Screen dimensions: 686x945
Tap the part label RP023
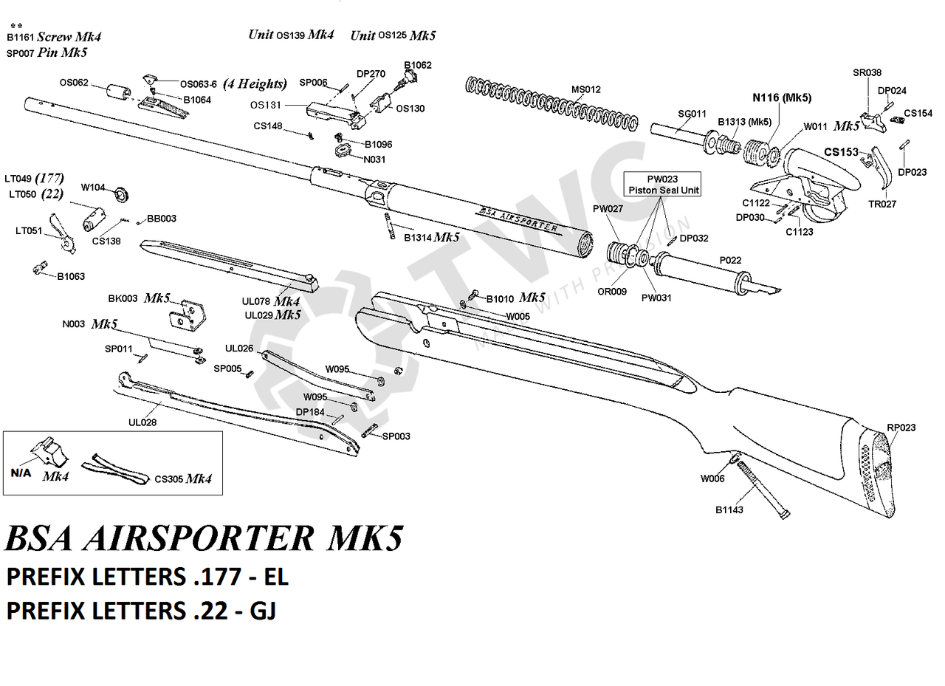pos(901,428)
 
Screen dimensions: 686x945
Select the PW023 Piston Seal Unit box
pos(662,184)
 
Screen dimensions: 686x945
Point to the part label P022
pos(731,261)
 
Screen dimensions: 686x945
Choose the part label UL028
pos(142,422)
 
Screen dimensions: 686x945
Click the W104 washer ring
pos(120,194)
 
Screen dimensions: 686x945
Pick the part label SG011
pos(692,114)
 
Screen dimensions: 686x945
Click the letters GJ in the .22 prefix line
pos(261,611)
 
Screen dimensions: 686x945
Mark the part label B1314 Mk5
pos(431,238)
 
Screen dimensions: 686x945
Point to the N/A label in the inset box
pos(21,473)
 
